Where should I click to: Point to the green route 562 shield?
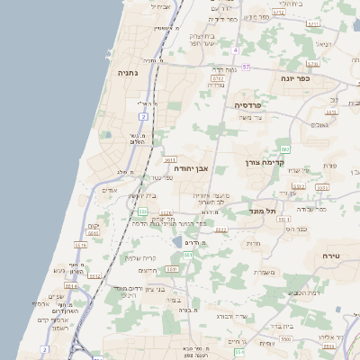(285, 148)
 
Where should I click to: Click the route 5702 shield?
(218, 79)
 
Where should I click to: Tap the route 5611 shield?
(169, 158)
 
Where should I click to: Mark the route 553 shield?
(142, 211)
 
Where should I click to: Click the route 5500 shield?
(284, 339)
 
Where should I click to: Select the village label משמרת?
(265, 274)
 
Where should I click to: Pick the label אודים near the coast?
(110, 190)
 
